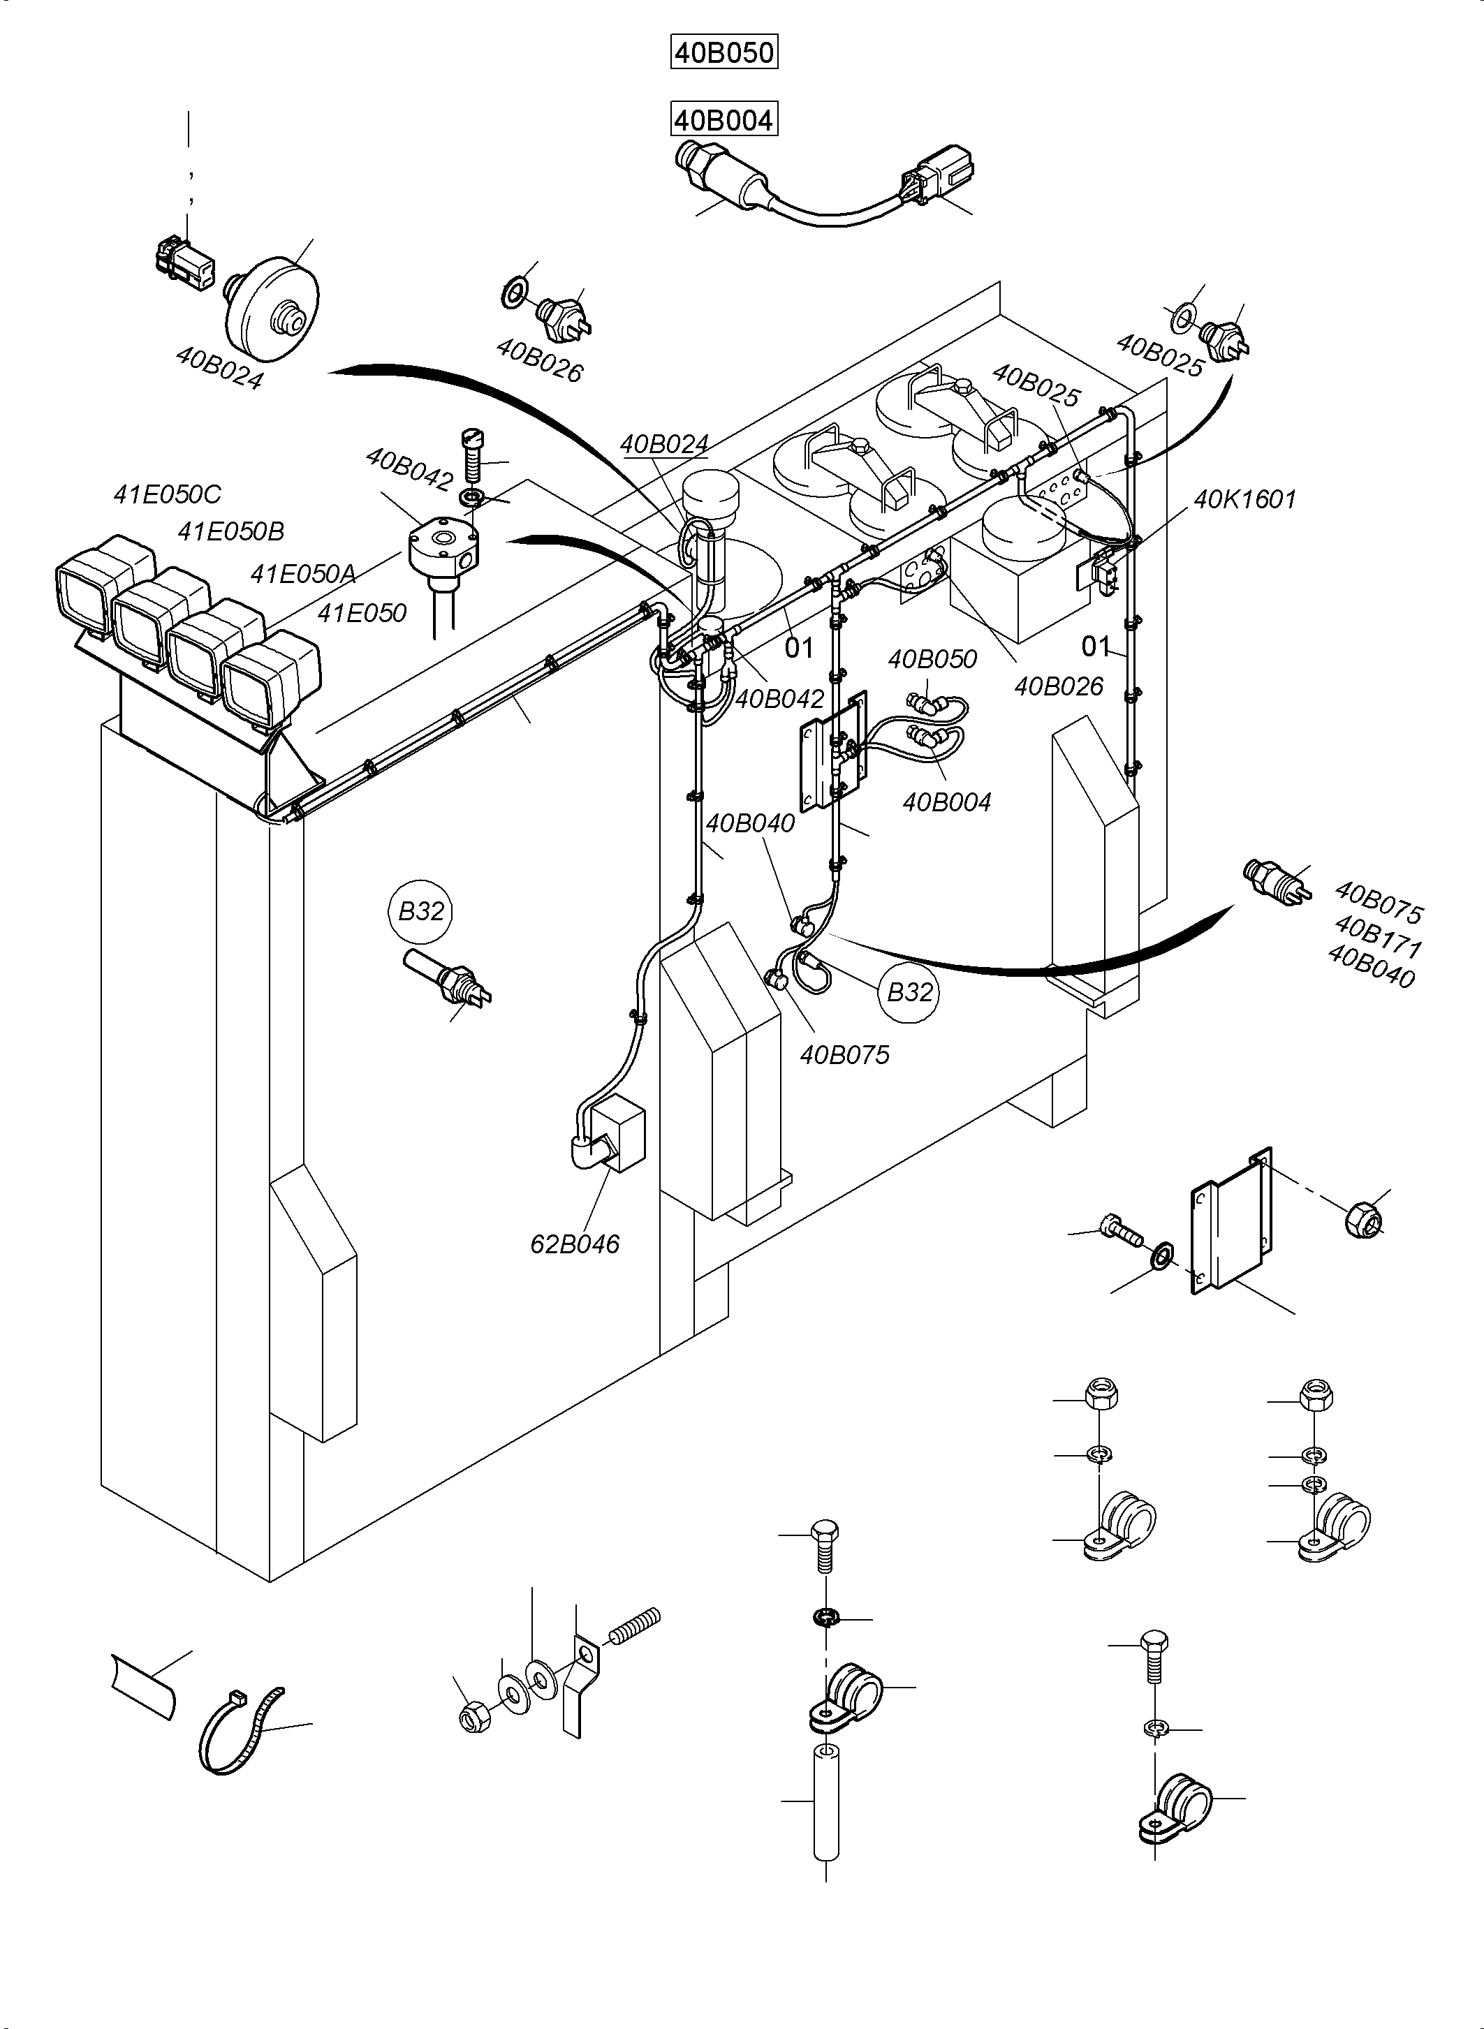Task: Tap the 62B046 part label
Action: pos(575,1244)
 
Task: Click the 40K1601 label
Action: pos(1244,499)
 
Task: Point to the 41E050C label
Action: pos(167,494)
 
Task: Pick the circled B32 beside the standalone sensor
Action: pos(421,912)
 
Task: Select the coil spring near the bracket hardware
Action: pos(634,1625)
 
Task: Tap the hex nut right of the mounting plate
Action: pos(1365,1219)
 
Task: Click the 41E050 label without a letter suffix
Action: pos(362,614)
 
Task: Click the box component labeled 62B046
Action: pos(615,1136)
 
